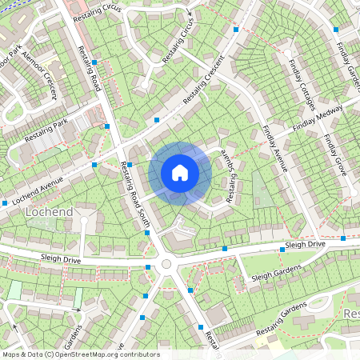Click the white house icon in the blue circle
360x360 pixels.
[180, 173]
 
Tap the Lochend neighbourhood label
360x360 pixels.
[49, 212]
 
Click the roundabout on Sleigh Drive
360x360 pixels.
[166, 264]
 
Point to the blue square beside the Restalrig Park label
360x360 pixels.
[107, 126]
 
